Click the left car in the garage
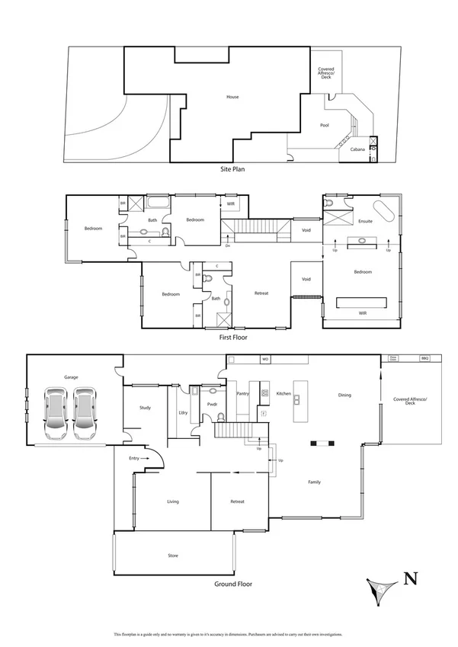[x=54, y=413]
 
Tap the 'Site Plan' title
[x=232, y=168]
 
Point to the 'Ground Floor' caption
[x=233, y=585]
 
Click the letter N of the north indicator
[x=410, y=578]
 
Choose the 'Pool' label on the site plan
[x=325, y=125]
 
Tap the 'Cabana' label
[x=357, y=149]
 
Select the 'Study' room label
[x=145, y=408]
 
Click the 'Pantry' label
[x=243, y=394]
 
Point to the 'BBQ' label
[x=425, y=358]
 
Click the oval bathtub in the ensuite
[x=383, y=211]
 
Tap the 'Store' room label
[x=173, y=556]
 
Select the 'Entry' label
[x=134, y=458]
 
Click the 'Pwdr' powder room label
[x=213, y=404]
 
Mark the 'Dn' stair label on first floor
[x=227, y=245]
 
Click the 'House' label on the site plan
[x=232, y=97]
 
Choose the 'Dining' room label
[x=344, y=395]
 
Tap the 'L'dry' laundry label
[x=183, y=412]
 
